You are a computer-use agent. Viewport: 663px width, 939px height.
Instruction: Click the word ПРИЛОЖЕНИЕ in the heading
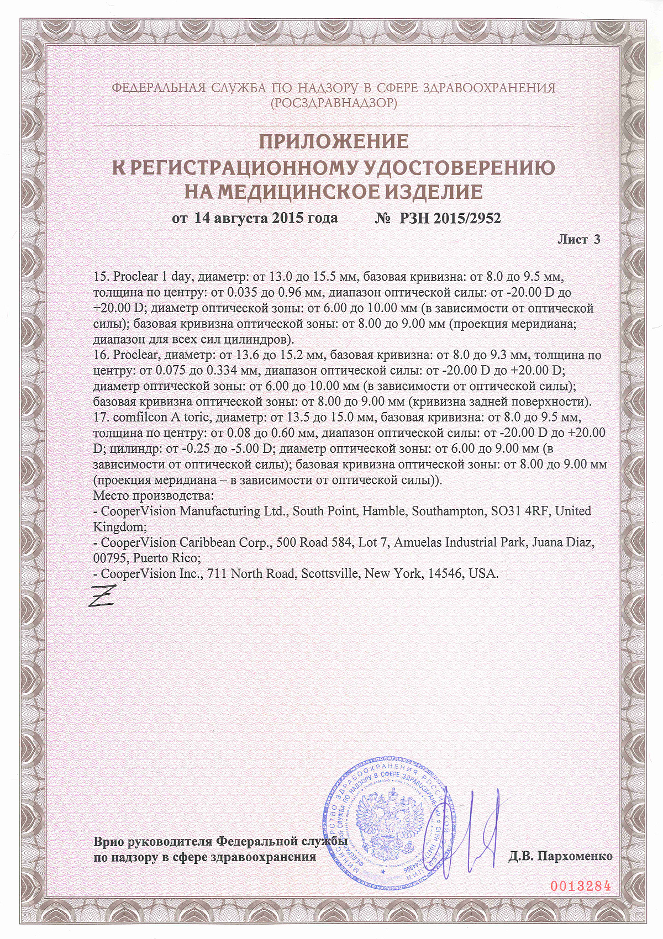[x=334, y=142]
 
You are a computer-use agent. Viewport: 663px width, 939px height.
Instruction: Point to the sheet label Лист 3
[x=578, y=239]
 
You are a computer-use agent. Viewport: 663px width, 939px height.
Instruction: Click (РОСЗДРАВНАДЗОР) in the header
[x=334, y=103]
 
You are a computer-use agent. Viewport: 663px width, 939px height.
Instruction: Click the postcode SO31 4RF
[x=520, y=511]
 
